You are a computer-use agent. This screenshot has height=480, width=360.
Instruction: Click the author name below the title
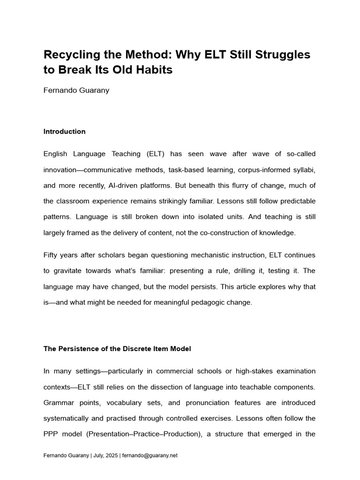pyautogui.click(x=76, y=90)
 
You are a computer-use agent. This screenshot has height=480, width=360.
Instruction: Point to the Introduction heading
pyautogui.click(x=64, y=132)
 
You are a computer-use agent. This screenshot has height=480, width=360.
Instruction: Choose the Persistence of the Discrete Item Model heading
pyautogui.click(x=117, y=349)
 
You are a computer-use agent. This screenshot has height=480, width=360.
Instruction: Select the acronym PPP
pyautogui.click(x=51, y=434)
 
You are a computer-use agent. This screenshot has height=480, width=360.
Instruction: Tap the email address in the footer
pyautogui.click(x=150, y=455)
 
